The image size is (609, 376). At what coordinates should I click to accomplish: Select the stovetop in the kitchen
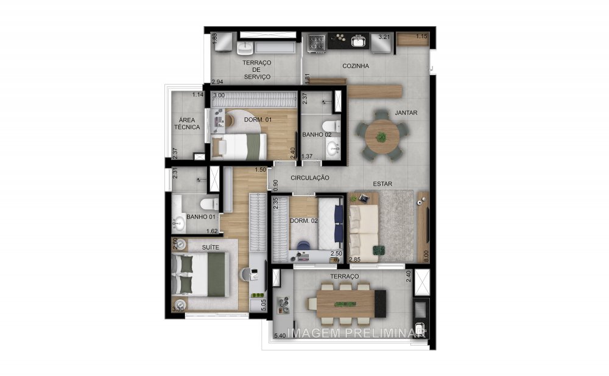317,41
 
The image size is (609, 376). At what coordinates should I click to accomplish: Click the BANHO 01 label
200,217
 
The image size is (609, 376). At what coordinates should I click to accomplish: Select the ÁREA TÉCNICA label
186,124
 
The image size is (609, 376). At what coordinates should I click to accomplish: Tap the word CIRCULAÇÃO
310,178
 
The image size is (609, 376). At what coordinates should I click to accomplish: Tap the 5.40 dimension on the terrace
281,335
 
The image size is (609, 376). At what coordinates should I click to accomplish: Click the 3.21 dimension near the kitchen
384,37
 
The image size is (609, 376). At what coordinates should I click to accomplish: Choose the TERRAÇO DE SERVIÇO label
256,69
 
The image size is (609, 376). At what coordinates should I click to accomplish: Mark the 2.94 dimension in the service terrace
217,81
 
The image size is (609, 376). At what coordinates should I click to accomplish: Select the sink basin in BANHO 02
333,147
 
